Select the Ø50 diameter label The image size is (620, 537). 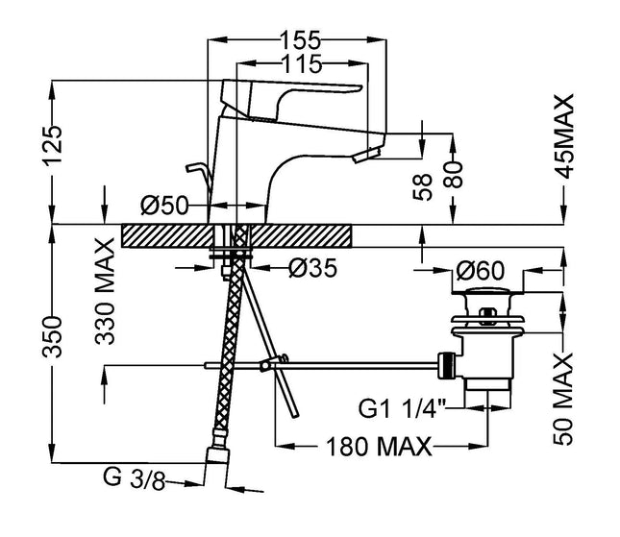pyautogui.click(x=163, y=205)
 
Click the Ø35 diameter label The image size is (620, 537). pyautogui.click(x=310, y=270)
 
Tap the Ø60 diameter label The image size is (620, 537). pyautogui.click(x=481, y=270)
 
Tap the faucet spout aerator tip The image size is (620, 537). pyautogui.click(x=368, y=154)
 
